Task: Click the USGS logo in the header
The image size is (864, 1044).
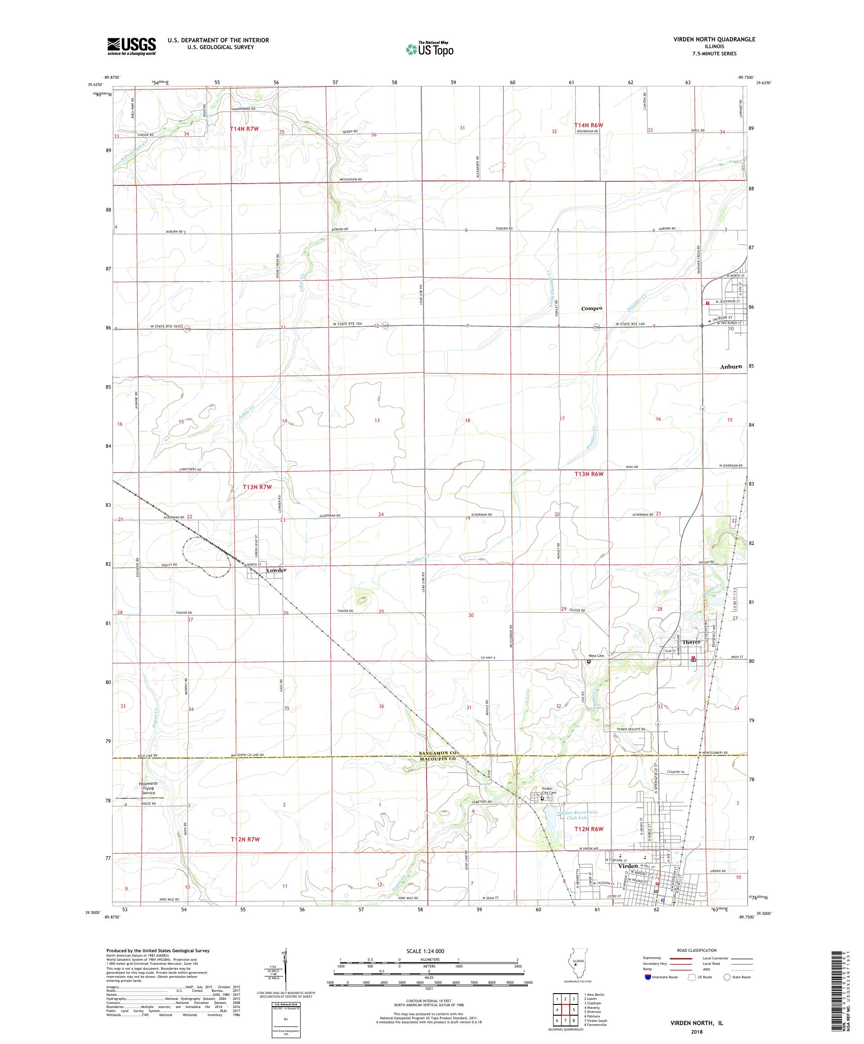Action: [131, 46]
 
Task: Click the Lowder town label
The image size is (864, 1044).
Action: [276, 570]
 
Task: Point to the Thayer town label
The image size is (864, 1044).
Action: [691, 642]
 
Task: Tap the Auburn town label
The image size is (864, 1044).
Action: [731, 366]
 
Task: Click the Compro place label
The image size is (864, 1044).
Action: [592, 308]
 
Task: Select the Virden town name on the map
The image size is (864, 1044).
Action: [628, 865]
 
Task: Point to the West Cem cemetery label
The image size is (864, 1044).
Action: [596, 656]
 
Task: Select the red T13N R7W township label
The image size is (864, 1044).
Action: [258, 487]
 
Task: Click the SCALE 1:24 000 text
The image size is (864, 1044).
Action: [429, 951]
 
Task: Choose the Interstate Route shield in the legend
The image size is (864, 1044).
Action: [647, 977]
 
